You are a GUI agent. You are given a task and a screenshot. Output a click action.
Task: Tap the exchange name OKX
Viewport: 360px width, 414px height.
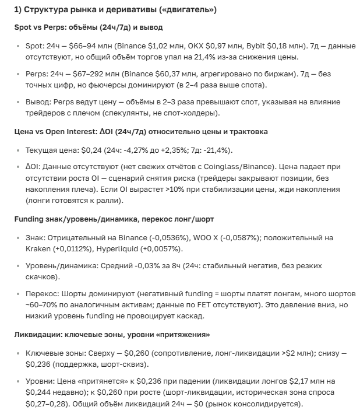pyautogui.click(x=195, y=45)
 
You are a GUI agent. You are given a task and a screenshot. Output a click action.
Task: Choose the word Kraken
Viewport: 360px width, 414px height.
pyautogui.click(x=39, y=249)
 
